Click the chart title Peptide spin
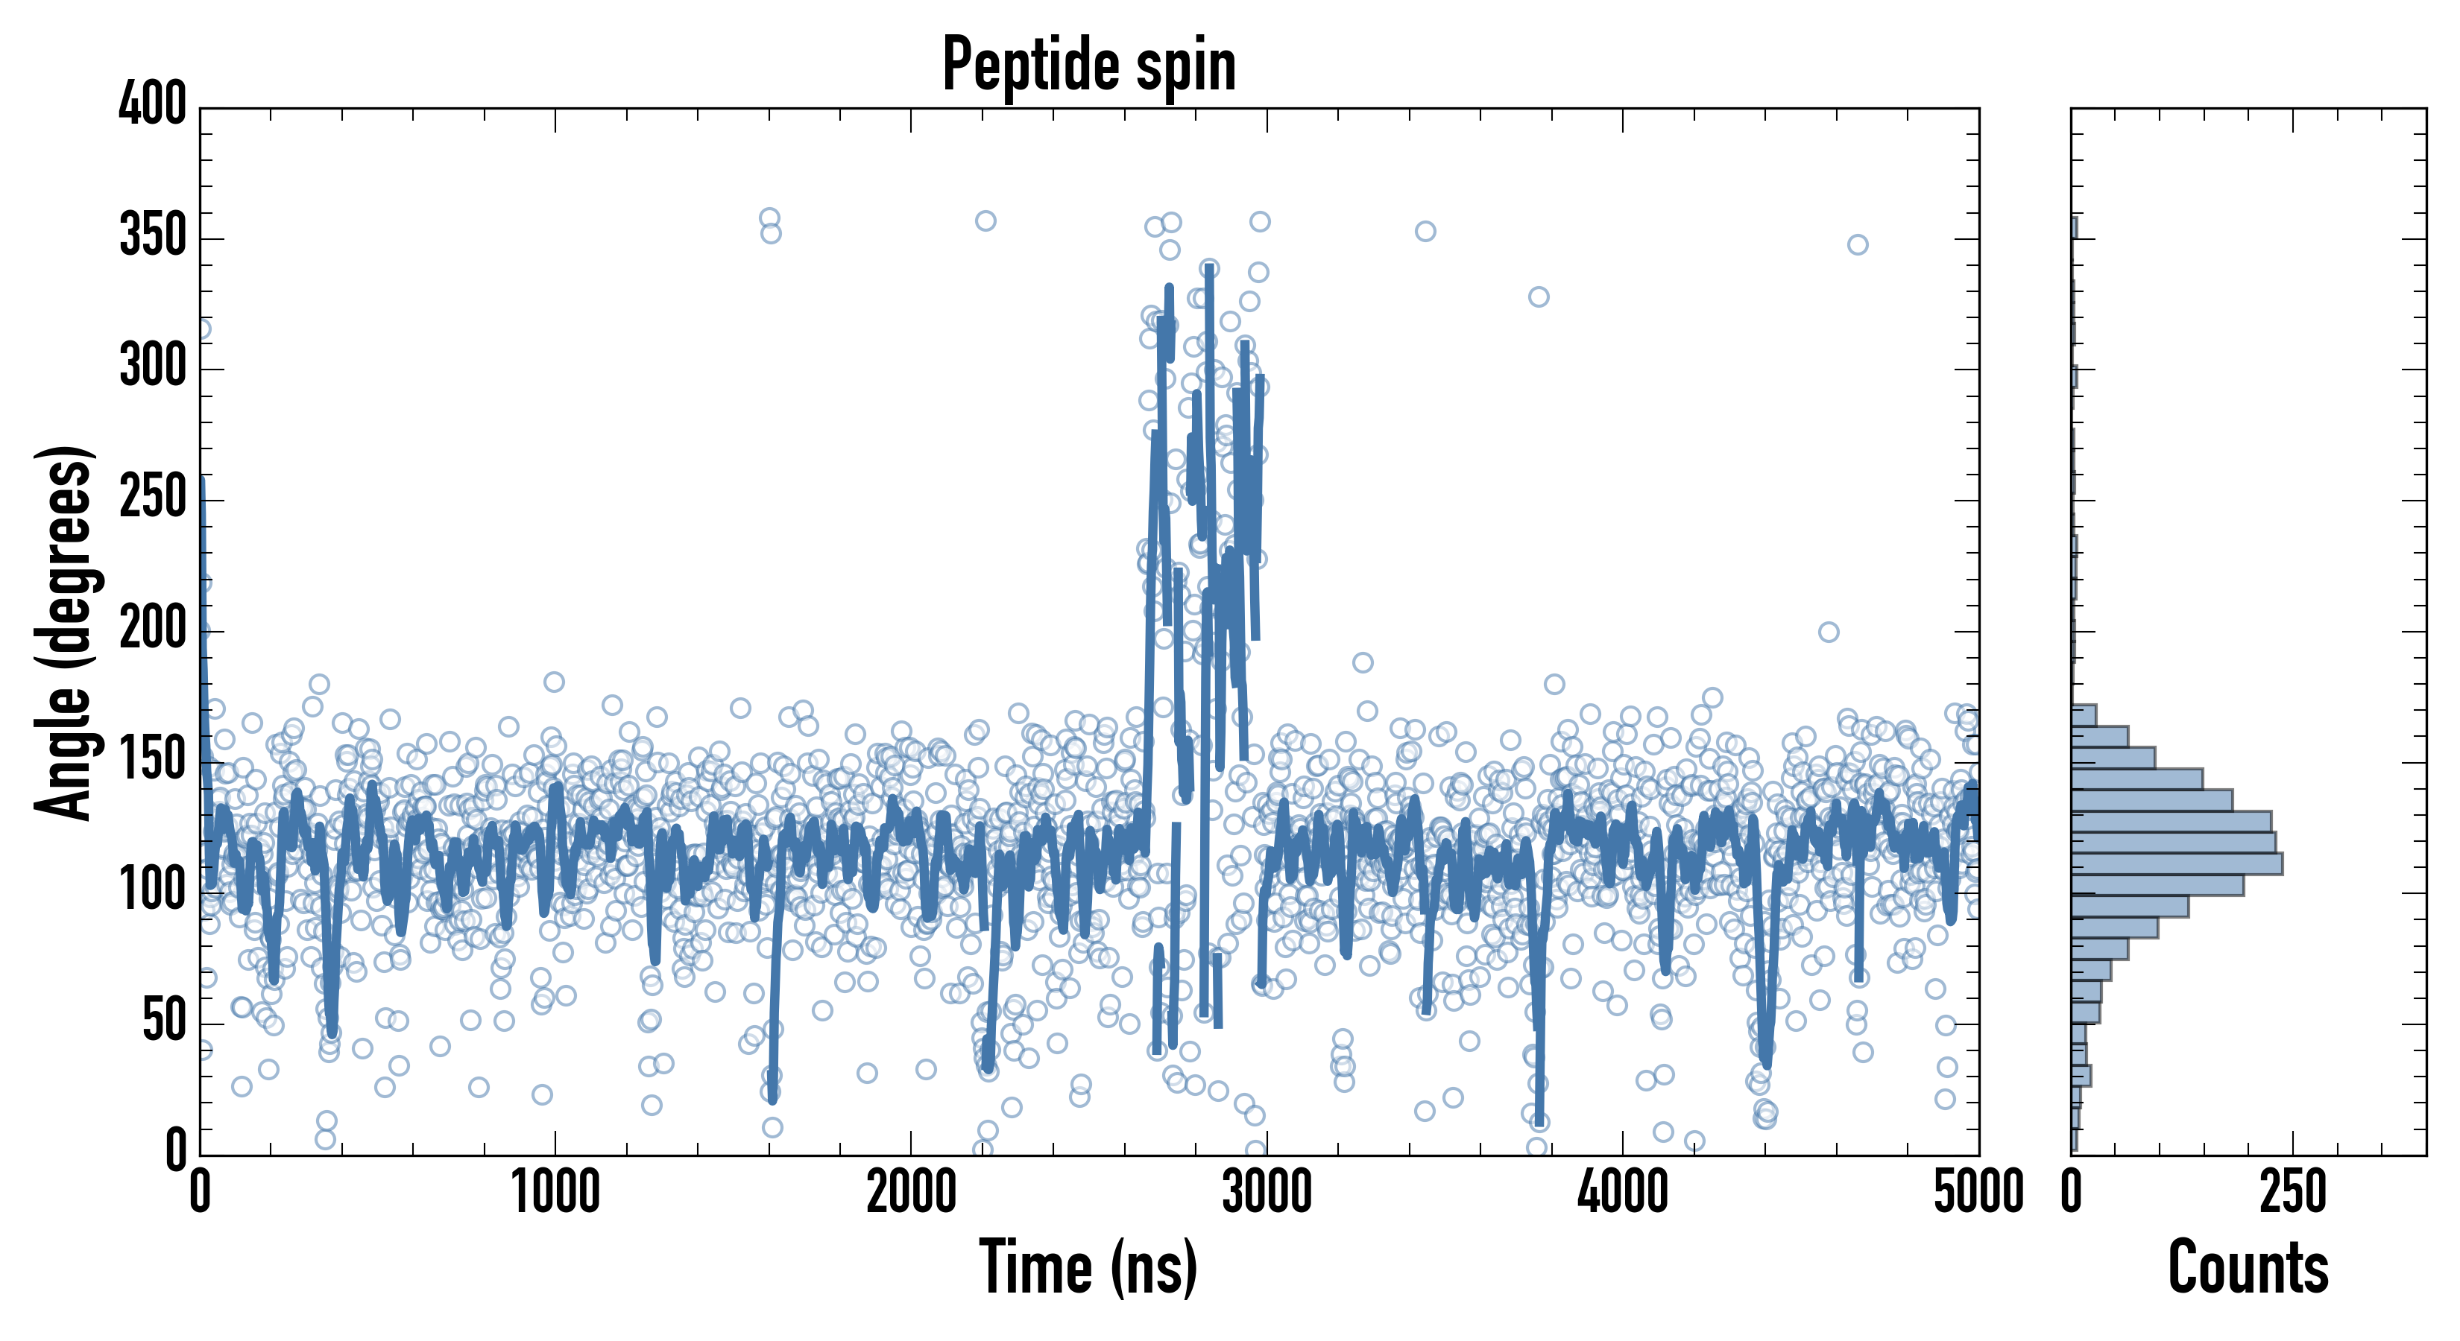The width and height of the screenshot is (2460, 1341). tap(1088, 64)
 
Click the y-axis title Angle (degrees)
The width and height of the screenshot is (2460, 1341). tap(64, 632)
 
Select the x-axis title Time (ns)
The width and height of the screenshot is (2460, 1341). tap(1088, 1267)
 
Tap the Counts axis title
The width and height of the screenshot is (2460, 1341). tap(2248, 1267)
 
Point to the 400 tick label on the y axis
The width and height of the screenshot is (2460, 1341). tap(153, 105)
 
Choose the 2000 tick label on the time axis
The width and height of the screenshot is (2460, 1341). tap(911, 1193)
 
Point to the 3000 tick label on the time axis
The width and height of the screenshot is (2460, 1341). tap(1267, 1193)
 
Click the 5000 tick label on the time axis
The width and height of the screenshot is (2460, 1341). tap(1978, 1193)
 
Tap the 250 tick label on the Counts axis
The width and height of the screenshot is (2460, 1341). tap(2293, 1193)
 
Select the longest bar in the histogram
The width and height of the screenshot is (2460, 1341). tap(2177, 863)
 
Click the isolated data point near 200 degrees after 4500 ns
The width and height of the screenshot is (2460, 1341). tap(1829, 632)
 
